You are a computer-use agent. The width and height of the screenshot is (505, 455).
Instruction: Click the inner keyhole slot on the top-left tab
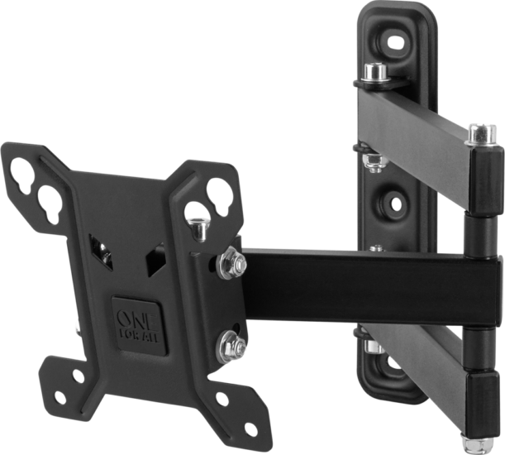[50, 199]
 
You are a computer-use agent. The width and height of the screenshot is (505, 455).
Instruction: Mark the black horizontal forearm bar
[364, 285]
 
